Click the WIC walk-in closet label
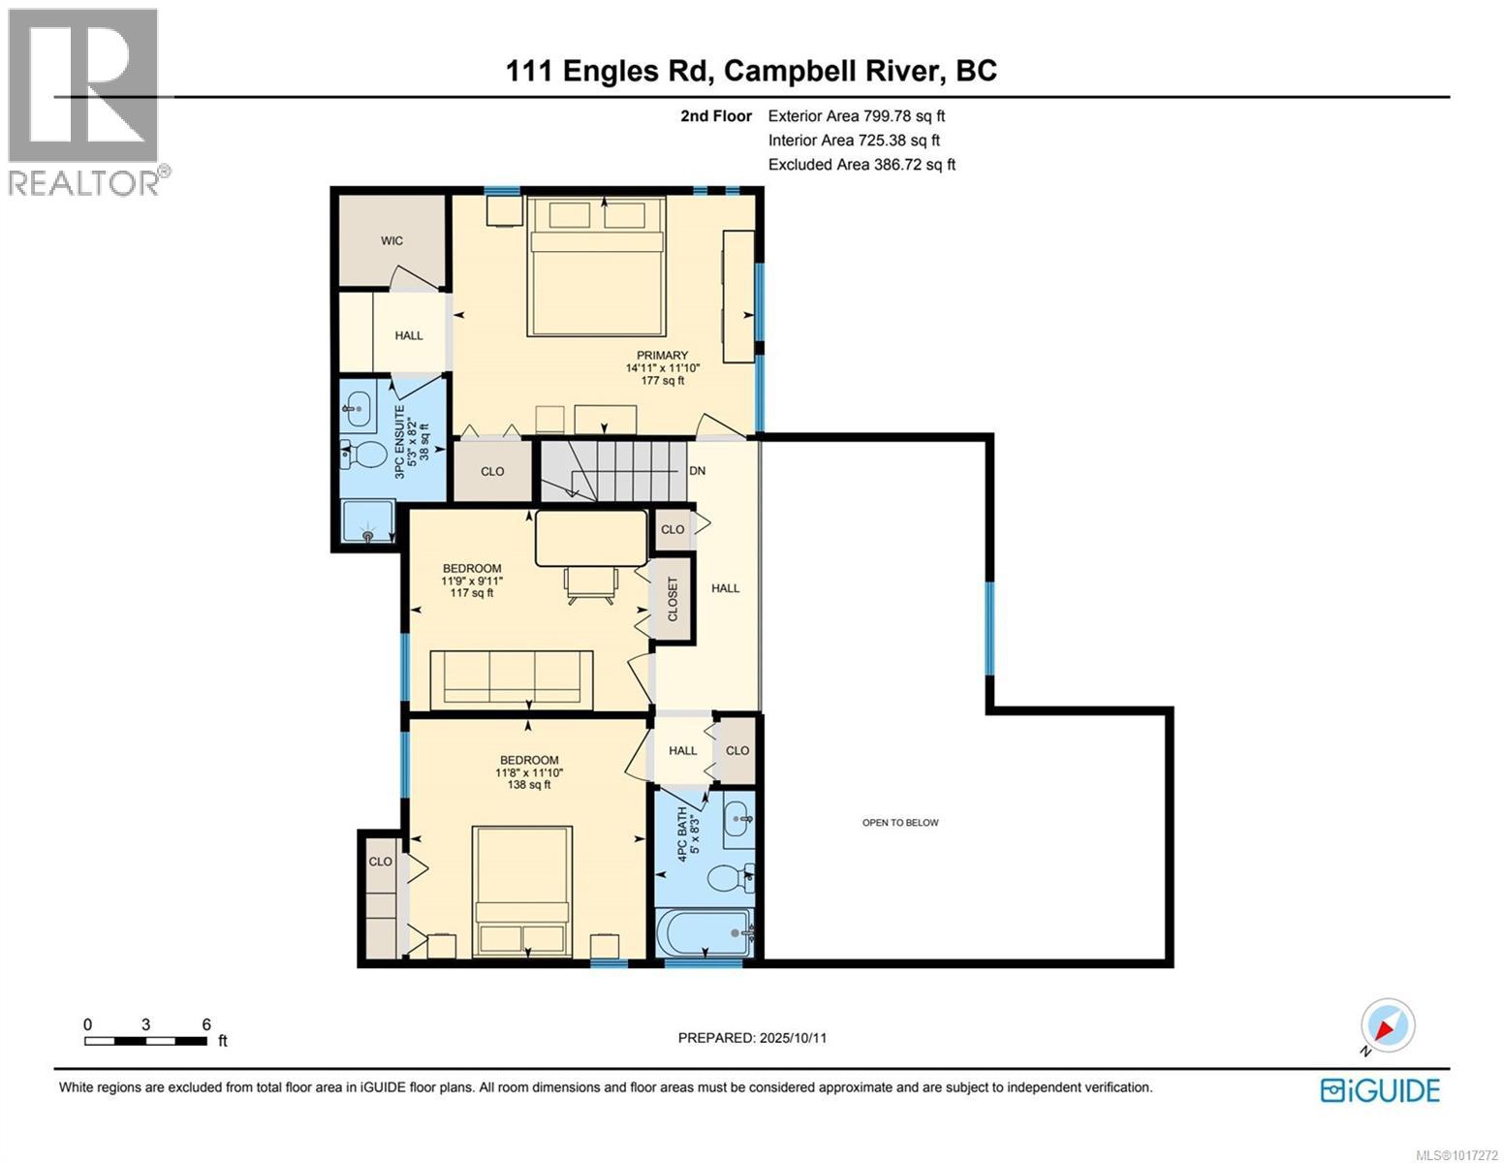(x=392, y=240)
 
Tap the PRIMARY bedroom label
(x=662, y=356)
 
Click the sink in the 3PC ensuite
(x=359, y=411)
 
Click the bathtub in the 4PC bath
(x=705, y=933)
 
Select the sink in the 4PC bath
(x=737, y=820)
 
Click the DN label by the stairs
(x=697, y=471)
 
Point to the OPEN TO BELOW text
(x=900, y=823)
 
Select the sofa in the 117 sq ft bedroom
(x=512, y=678)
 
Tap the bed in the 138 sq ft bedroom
(x=522, y=892)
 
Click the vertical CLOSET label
(x=673, y=599)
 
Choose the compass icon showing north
(x=1388, y=1025)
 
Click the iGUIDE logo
(x=1380, y=1090)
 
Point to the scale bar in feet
(x=146, y=1041)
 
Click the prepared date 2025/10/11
(x=752, y=1038)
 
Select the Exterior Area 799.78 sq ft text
(x=856, y=115)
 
